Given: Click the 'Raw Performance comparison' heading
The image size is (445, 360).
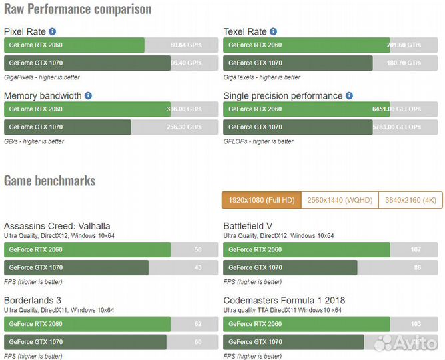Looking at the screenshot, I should [77, 9].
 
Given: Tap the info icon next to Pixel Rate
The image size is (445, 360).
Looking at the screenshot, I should [53, 31].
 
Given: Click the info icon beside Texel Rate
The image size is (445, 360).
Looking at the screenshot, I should [274, 31].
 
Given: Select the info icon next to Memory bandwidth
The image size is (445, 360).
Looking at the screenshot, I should [88, 95].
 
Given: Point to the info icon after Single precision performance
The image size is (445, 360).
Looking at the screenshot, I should [349, 95].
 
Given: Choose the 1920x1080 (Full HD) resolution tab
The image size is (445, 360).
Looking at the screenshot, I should [261, 200].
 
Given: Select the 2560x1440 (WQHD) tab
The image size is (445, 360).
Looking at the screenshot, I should [340, 200].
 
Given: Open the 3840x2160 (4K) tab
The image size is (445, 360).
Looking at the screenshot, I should [410, 200].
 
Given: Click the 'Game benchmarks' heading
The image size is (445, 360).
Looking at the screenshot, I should [49, 181].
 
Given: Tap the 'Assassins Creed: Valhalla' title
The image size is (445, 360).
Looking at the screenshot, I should [57, 226].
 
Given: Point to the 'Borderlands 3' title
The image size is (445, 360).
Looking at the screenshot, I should [33, 300].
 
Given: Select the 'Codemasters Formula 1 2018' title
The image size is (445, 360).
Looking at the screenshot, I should [284, 300].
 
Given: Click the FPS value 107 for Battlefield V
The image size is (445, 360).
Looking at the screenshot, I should [416, 250].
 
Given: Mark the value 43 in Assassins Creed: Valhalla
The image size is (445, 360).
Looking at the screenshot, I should [198, 268].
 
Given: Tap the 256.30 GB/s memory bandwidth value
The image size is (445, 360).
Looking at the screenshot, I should [184, 127].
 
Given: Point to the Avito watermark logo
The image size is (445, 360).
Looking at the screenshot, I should [406, 343].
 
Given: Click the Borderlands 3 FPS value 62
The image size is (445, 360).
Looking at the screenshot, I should [198, 324].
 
